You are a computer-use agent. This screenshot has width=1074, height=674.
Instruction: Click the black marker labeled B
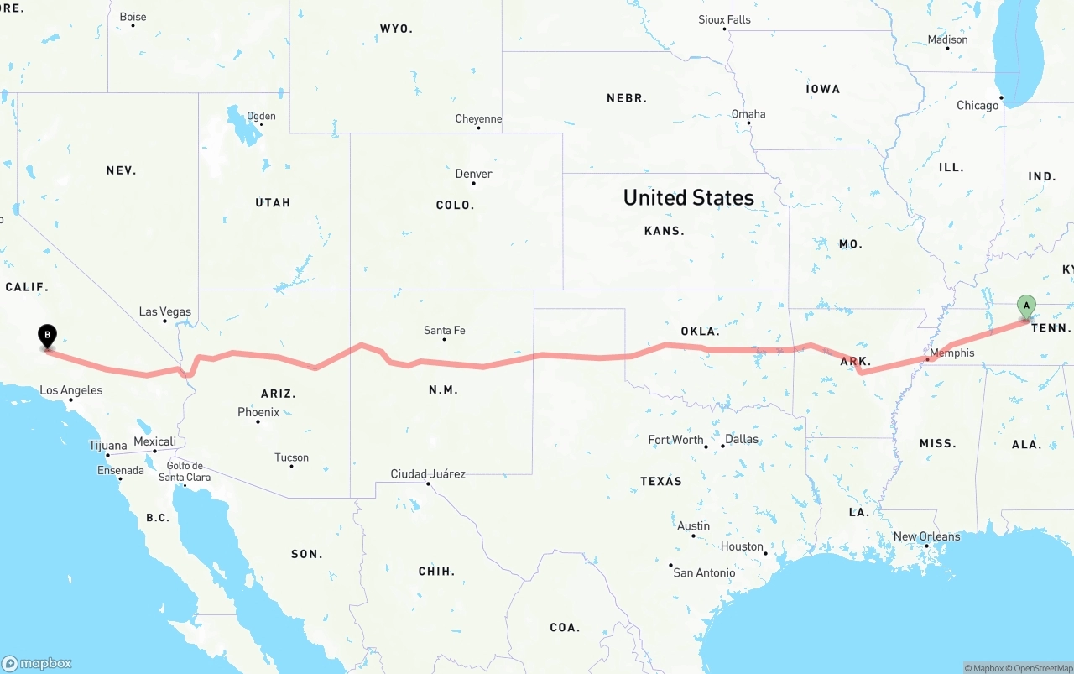[48, 337]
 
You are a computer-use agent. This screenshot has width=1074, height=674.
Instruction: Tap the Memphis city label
[952, 353]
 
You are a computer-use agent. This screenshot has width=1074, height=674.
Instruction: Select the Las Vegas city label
[164, 311]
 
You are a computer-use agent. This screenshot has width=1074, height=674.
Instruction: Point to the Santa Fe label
[444, 330]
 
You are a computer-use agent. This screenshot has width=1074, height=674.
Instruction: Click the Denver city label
[473, 174]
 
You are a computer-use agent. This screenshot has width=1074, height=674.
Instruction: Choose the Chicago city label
[978, 105]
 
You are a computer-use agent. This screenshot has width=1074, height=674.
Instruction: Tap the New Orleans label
[926, 536]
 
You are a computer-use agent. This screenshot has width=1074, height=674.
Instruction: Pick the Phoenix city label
[258, 411]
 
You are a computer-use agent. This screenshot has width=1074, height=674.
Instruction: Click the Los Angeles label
[71, 389]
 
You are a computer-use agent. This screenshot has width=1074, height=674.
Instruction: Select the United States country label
[688, 197]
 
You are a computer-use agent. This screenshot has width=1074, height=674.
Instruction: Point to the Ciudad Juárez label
[428, 473]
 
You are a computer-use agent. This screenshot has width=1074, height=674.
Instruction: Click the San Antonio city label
[704, 572]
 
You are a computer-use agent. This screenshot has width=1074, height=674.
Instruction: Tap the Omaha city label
[748, 113]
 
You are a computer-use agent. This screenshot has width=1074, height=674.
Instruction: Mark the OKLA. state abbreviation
[700, 331]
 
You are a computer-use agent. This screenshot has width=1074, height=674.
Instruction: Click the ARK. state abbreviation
[856, 361]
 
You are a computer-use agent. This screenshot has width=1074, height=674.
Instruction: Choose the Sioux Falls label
[724, 19]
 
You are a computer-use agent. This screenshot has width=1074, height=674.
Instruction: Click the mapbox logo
[37, 663]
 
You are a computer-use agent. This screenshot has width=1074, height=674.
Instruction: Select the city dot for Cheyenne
[477, 128]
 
